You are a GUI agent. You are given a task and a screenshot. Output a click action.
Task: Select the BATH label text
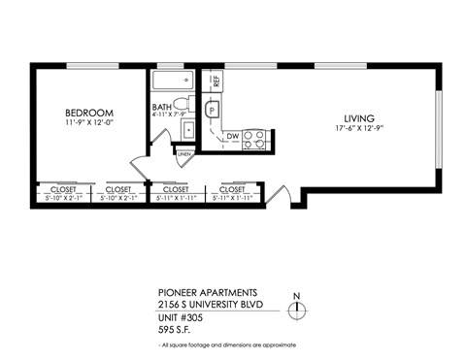point(163,108)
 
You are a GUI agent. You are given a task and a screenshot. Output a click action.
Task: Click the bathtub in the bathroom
point(173,81)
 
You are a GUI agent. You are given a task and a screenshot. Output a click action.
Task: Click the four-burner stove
point(253,139)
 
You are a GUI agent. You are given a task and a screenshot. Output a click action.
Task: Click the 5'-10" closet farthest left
point(64,193)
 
